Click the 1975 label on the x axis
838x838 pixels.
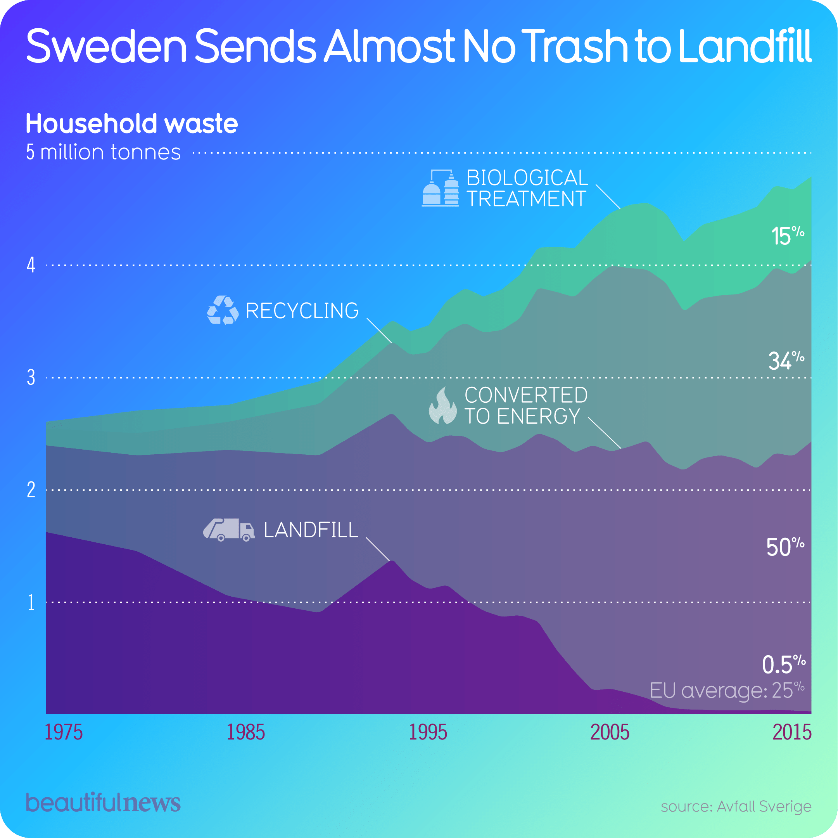pyautogui.click(x=63, y=732)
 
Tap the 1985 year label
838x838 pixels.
pyautogui.click(x=245, y=732)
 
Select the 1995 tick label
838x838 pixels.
pyautogui.click(x=428, y=732)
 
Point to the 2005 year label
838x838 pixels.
pyautogui.click(x=610, y=732)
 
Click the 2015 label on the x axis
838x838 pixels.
pyautogui.click(x=791, y=732)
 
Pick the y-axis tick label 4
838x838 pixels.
pyautogui.click(x=31, y=265)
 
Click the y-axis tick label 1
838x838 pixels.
pyautogui.click(x=31, y=603)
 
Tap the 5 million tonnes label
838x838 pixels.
pyautogui.click(x=103, y=152)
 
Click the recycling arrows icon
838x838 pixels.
pyautogui.click(x=223, y=310)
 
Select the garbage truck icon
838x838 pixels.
pyautogui.click(x=228, y=530)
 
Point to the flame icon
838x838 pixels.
pyautogui.click(x=442, y=405)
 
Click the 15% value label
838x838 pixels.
pyautogui.click(x=787, y=235)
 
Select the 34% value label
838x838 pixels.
pyautogui.click(x=786, y=360)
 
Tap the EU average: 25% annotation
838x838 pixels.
pyautogui.click(x=727, y=690)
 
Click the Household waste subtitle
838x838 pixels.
pyautogui.click(x=132, y=124)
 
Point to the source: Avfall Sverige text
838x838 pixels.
pyautogui.click(x=736, y=806)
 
